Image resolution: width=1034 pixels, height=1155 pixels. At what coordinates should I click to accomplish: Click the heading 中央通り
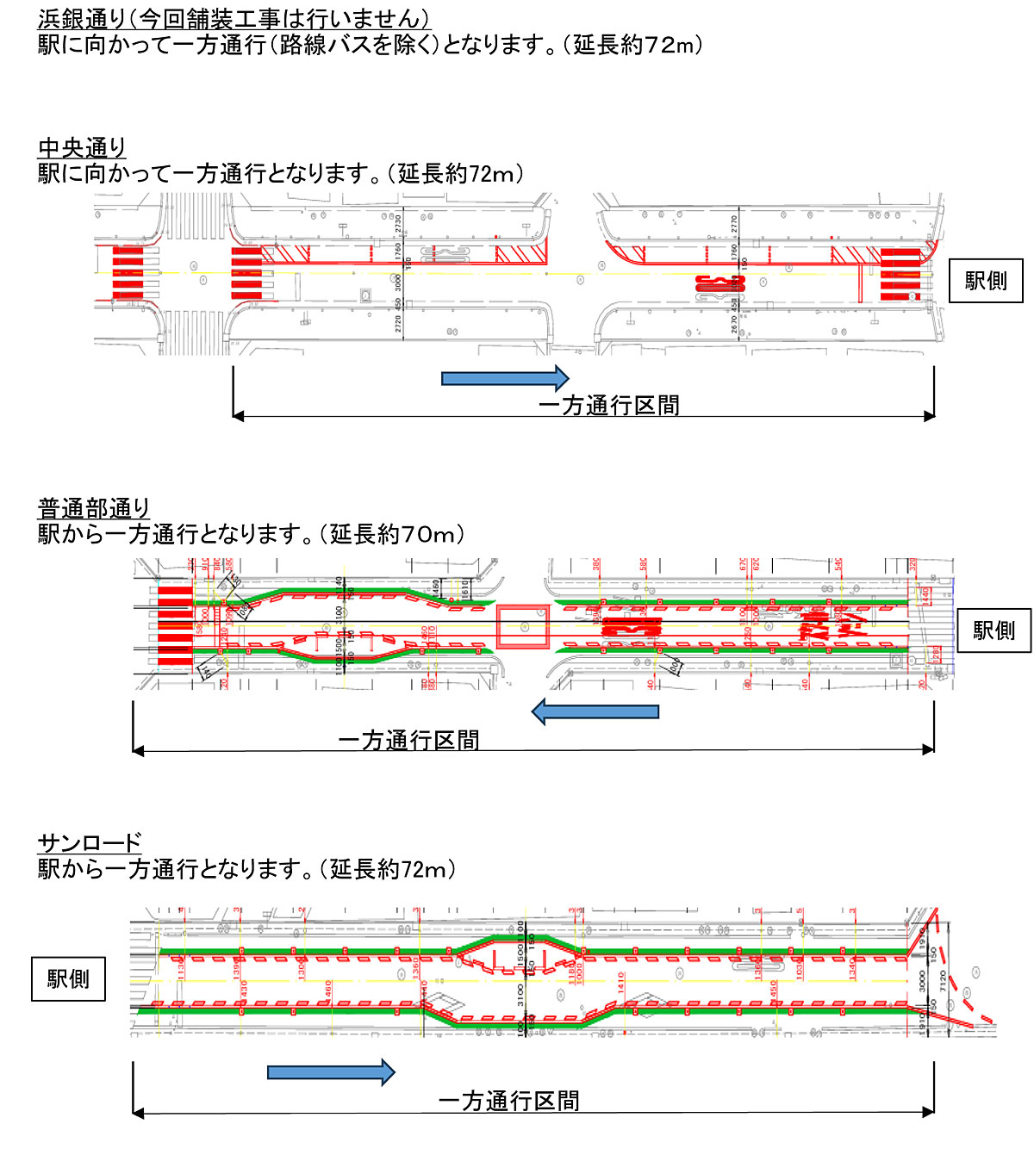(x=82, y=148)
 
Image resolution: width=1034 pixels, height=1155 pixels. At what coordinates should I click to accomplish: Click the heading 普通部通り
(x=94, y=508)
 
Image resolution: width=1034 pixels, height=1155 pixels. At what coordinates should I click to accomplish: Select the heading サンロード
(x=90, y=842)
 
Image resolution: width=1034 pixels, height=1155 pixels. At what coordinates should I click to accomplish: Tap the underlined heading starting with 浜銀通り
(x=234, y=19)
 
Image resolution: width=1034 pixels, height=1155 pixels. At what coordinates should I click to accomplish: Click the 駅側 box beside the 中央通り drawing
(x=986, y=281)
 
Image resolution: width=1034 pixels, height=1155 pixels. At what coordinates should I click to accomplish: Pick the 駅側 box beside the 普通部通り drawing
(x=994, y=630)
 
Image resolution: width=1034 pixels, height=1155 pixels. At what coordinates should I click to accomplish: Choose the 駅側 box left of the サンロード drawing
(x=68, y=979)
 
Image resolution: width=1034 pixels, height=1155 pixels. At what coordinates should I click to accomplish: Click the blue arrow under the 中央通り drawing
(x=505, y=378)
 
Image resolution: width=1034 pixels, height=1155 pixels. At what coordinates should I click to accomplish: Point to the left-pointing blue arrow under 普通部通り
(x=595, y=712)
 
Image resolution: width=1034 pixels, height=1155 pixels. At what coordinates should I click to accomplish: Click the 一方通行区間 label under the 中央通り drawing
(x=608, y=406)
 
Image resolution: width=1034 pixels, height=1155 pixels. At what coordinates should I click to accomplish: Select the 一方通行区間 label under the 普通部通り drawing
(x=408, y=740)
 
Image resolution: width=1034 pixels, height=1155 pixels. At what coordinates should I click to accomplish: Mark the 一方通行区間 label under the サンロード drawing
(x=508, y=1101)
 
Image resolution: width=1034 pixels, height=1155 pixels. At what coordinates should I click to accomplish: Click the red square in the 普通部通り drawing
(x=523, y=627)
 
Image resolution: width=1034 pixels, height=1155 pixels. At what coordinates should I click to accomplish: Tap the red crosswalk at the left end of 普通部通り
(x=175, y=627)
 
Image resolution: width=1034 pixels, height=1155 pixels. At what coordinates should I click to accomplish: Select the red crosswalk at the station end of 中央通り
(x=900, y=274)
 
